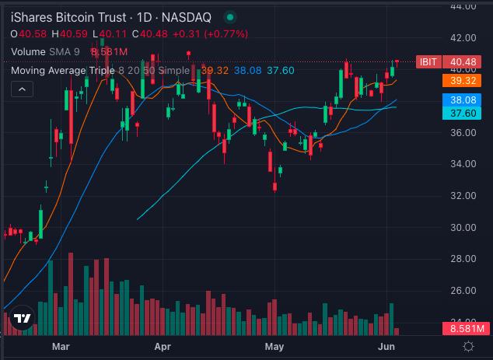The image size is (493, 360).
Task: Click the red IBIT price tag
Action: click(427, 62)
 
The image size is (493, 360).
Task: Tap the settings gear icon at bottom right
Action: click(469, 345)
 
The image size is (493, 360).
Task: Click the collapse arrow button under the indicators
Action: click(22, 90)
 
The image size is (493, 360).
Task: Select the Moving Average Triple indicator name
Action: click(63, 71)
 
